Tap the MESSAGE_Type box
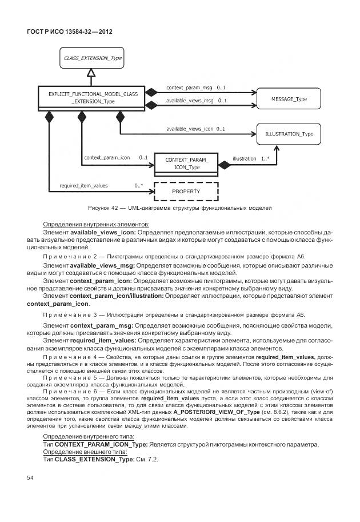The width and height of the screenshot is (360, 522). pyautogui.click(x=289, y=99)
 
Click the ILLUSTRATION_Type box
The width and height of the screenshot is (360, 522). pyautogui.click(x=289, y=134)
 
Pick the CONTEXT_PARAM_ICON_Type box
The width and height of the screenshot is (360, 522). pyautogui.click(x=187, y=164)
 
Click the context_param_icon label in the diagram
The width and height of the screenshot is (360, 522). pyautogui.click(x=107, y=157)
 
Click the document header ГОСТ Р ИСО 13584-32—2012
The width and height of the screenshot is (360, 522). pyautogui.click(x=70, y=31)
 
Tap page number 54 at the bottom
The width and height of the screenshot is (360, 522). pyautogui.click(x=31, y=477)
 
